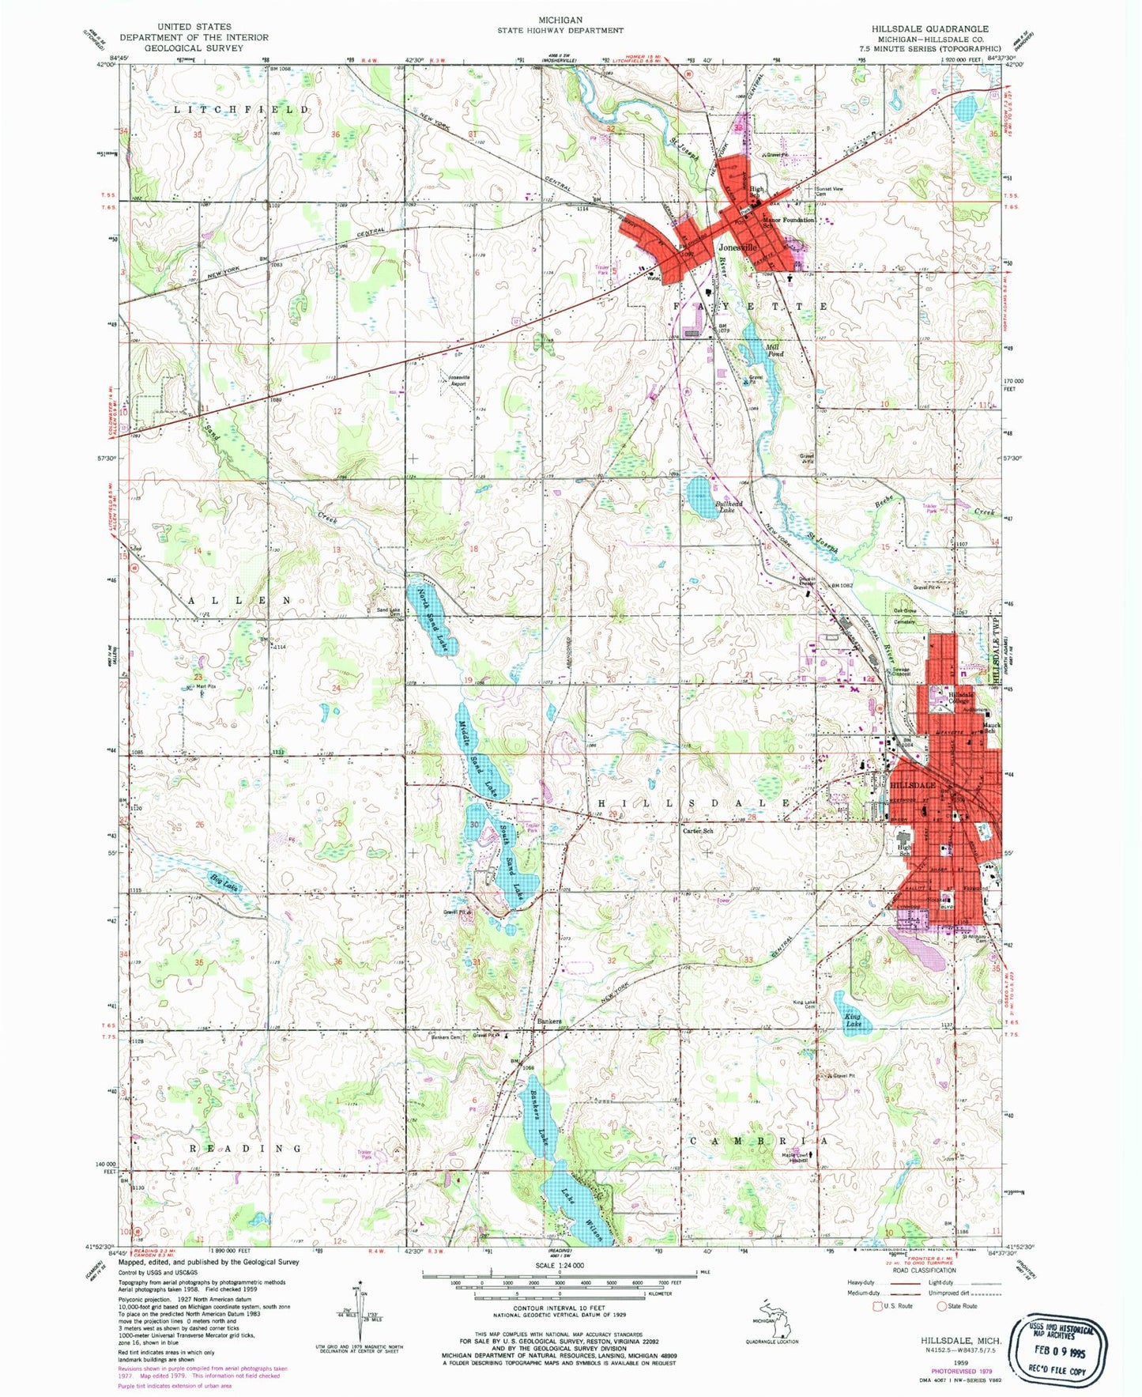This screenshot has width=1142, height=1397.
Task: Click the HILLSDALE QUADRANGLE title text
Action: coord(929,28)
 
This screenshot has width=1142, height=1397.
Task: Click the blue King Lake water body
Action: coord(854,1019)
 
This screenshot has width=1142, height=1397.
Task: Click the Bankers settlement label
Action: coord(549,1021)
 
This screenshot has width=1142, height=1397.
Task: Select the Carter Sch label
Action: coord(698,831)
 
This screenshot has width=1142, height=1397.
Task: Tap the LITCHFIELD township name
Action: coord(241,110)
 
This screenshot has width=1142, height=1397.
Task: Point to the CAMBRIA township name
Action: coord(759,1141)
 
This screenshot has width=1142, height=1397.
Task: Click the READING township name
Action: coord(245,1147)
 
